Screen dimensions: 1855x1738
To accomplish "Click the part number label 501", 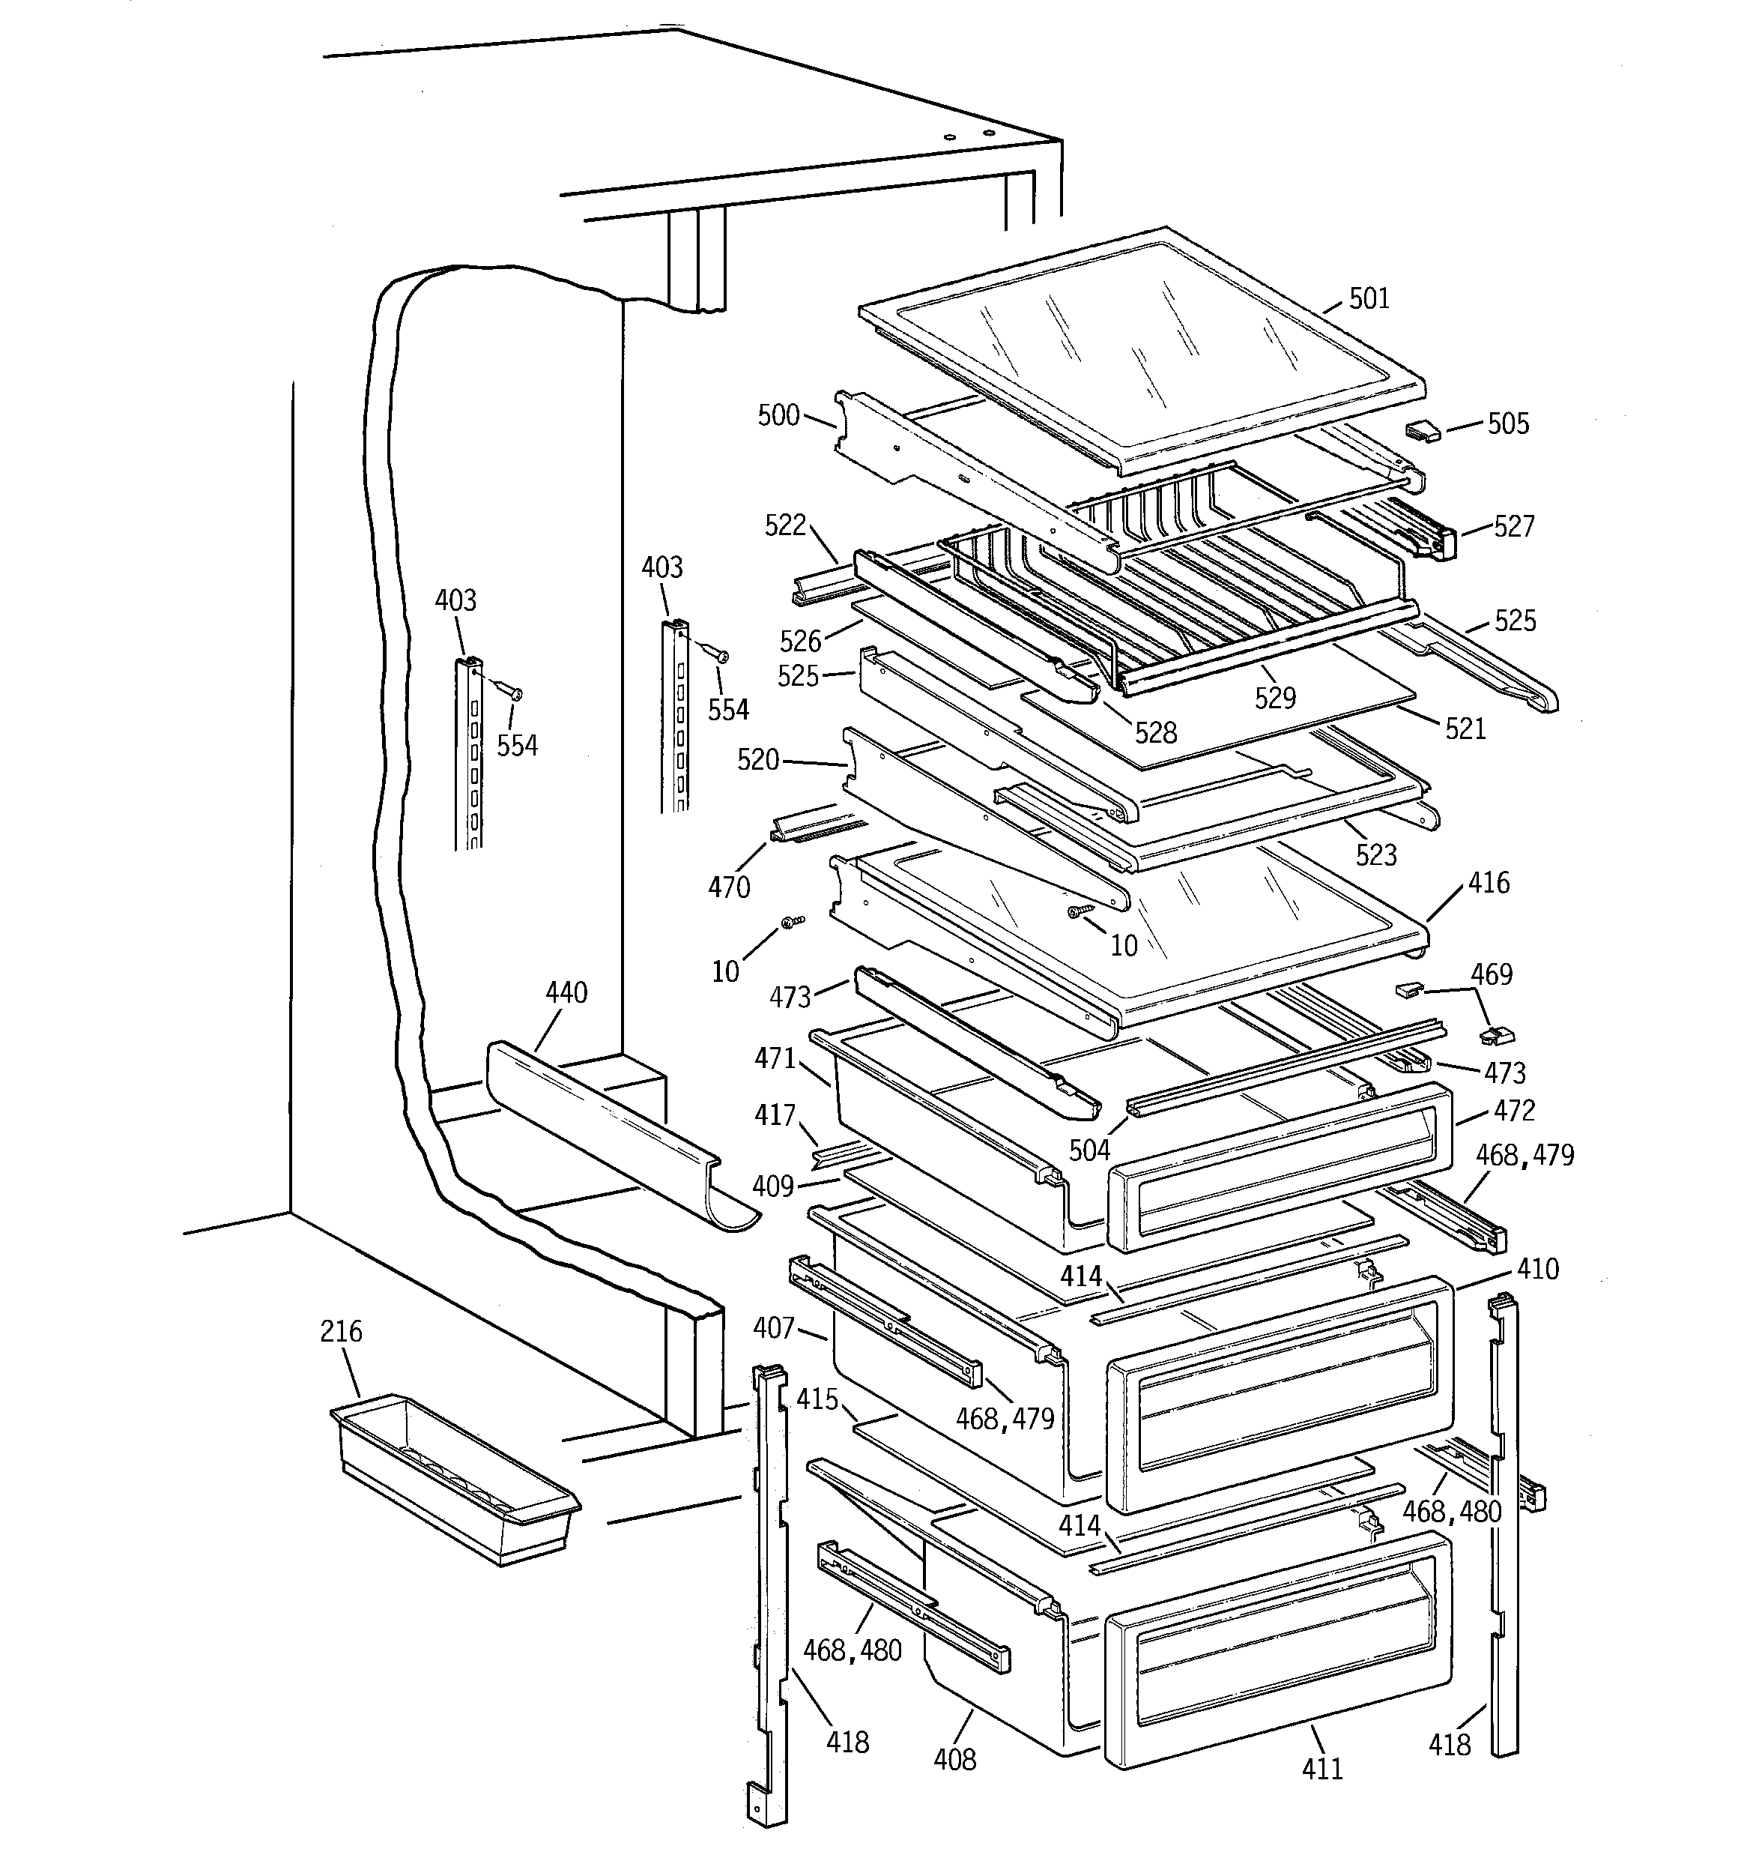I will (1369, 300).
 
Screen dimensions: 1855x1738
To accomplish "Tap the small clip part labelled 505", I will (1423, 431).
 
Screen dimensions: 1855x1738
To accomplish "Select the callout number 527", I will (1513, 527).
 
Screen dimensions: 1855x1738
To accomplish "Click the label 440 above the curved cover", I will (566, 993).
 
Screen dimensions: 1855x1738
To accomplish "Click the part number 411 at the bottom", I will (1322, 1768).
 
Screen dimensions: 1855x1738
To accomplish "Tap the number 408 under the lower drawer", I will (954, 1760).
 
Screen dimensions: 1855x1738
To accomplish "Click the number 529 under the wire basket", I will (1274, 698).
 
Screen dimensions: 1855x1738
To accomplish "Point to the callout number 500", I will (778, 415).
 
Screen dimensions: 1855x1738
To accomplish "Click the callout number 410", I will (1537, 1269).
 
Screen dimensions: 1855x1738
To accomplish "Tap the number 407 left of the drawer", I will (773, 1327).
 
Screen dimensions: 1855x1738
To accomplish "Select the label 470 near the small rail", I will (729, 887).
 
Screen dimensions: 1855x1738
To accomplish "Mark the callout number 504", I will (1090, 1150).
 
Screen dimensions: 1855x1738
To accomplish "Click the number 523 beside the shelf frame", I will (1376, 854).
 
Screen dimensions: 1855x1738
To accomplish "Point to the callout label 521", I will (1465, 729).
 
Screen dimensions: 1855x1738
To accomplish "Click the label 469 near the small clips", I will (1491, 974).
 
